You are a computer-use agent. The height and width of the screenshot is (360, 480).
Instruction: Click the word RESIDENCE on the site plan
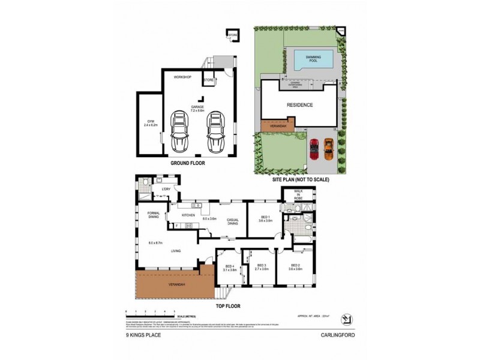coord(299,104)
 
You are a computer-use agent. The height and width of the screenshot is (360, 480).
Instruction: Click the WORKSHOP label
coord(182,78)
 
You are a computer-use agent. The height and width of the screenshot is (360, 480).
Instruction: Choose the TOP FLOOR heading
coord(228,306)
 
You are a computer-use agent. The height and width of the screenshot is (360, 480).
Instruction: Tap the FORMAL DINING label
coord(153,214)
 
